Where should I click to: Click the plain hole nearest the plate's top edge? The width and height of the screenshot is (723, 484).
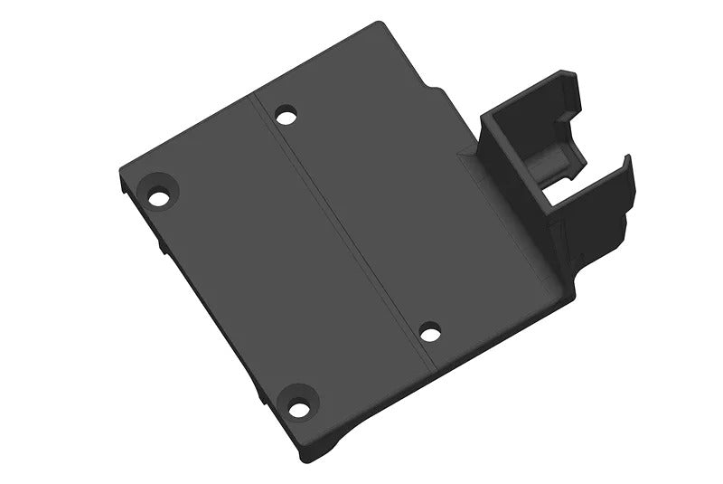tap(286, 116)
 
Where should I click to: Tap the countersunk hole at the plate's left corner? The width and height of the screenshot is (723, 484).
tap(160, 196)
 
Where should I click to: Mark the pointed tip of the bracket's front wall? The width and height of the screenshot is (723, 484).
tap(625, 158)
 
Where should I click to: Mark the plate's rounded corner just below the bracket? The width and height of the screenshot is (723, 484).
tap(571, 291)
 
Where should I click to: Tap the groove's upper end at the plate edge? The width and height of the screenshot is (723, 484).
tap(256, 93)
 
